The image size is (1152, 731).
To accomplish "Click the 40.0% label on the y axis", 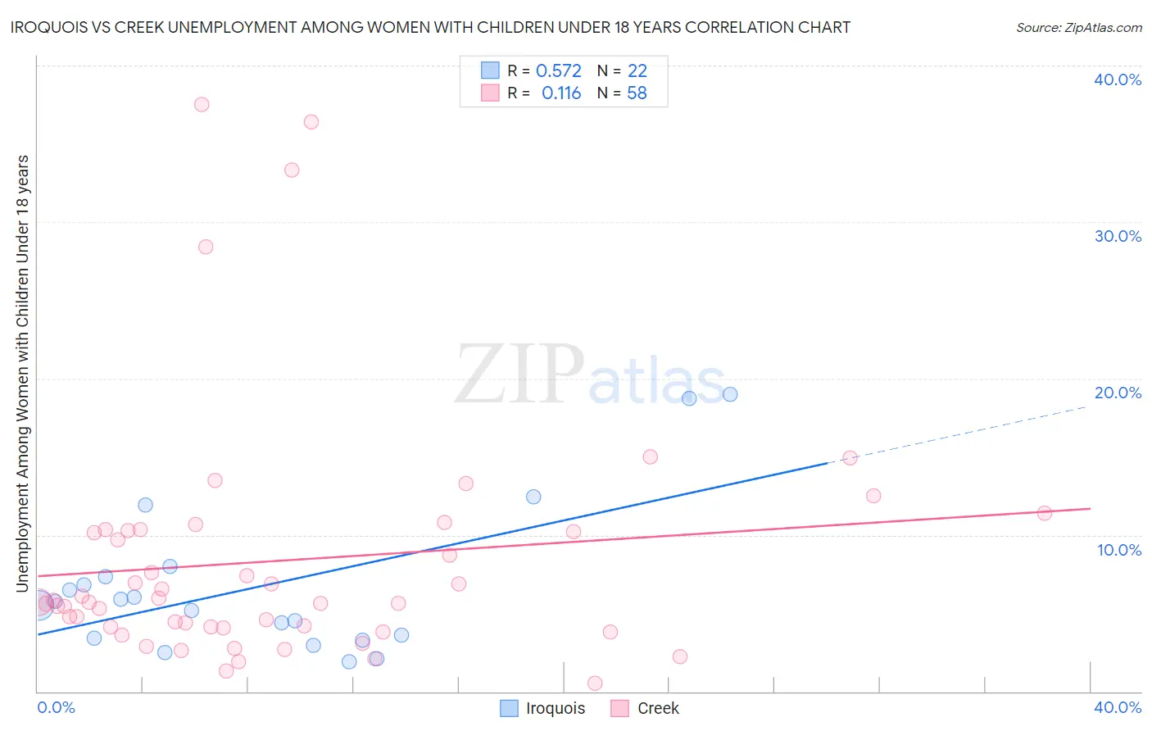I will pos(1118,79).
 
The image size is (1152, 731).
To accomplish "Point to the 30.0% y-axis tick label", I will pos(1118,236).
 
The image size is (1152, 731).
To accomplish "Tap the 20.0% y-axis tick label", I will pos(1118,393).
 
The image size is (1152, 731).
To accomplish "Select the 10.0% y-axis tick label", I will pos(1119,550).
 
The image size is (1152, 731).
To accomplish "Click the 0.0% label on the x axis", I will pos(56,707).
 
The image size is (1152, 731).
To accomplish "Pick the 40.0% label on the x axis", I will pos(1118,707).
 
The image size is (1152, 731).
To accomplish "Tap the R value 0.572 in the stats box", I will pos(558,71).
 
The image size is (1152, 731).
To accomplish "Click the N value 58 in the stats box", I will pos(637,93).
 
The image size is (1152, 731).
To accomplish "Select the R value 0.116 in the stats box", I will pos(561,93).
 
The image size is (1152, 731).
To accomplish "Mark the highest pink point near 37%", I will pos(202,105).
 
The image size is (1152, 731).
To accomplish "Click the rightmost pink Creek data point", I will pos(1045,513).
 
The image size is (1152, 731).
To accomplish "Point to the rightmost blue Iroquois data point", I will pos(730,394).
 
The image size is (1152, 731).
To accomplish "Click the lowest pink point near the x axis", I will pos(595,683).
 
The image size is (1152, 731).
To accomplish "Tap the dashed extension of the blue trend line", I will pos(959,435).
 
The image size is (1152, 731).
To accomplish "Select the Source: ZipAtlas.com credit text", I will pos(1079,27).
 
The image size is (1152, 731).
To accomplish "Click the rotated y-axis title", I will pos(22,373).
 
